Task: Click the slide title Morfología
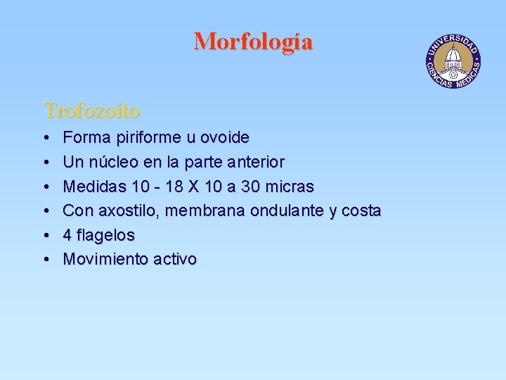click(x=253, y=42)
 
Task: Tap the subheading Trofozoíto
click(x=92, y=110)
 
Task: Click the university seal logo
click(x=453, y=61)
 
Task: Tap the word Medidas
click(x=91, y=186)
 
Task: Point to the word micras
click(x=288, y=186)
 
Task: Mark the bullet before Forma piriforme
click(x=45, y=138)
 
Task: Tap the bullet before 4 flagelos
click(x=45, y=235)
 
